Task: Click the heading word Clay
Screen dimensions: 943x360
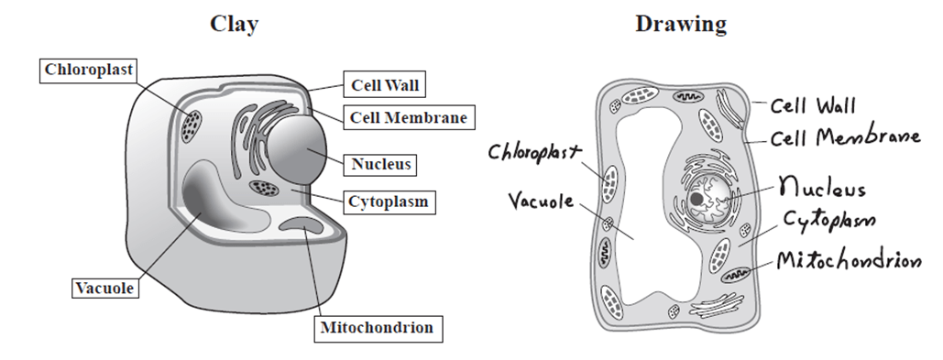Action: [x=234, y=25]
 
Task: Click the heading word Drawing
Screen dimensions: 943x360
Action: [x=681, y=25]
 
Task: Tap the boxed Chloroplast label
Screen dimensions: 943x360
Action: [x=88, y=71]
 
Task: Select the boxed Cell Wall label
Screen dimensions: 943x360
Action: [x=385, y=85]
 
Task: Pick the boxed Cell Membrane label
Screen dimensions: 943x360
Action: [x=409, y=117]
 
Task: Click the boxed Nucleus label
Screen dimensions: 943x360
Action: [x=380, y=164]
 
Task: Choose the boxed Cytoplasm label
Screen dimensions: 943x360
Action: [x=389, y=202]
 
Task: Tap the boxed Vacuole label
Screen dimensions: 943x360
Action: [x=104, y=289]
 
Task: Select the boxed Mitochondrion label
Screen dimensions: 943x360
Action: [x=378, y=328]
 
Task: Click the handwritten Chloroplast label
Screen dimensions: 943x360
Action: [x=535, y=153]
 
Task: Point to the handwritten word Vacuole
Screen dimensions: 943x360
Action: [x=542, y=201]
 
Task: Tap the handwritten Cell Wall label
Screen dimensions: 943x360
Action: [x=813, y=105]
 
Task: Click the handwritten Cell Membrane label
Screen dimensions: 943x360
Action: [x=845, y=137]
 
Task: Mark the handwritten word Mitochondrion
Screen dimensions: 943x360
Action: [x=849, y=260]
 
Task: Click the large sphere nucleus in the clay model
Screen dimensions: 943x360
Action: [x=296, y=148]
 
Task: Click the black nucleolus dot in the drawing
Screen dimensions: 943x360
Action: [x=697, y=199]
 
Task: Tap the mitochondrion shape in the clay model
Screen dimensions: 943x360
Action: [x=302, y=225]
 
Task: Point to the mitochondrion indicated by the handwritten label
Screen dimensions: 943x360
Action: [x=736, y=275]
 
